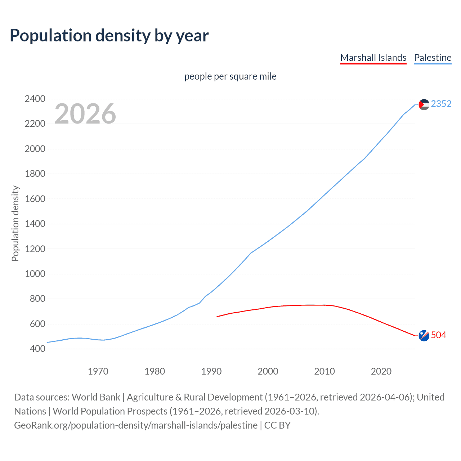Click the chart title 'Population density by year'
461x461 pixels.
109,36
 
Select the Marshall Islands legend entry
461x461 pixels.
373,58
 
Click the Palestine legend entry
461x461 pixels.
433,58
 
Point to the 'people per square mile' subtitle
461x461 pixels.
230,76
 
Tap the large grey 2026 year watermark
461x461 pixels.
85,114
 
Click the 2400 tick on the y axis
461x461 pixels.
35,99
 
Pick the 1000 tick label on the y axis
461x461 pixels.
35,274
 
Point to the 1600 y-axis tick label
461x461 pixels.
35,199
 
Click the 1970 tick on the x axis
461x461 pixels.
98,371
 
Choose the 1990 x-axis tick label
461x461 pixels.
211,371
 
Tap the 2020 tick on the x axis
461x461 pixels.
381,371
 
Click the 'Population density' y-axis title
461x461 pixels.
15,223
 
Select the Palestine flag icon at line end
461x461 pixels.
424,104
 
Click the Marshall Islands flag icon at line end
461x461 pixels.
424,335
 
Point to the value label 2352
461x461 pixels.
441,104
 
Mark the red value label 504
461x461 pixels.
438,335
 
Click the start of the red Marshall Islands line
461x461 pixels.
217,317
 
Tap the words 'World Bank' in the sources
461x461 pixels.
96,397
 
